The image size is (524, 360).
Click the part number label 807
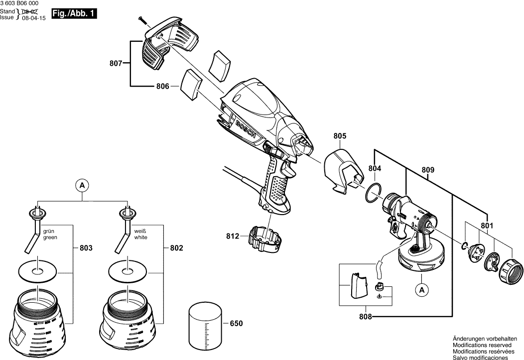(116, 63)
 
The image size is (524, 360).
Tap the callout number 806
(162, 86)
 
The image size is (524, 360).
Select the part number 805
(340, 136)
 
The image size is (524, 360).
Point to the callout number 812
(233, 236)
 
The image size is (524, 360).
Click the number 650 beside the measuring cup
(236, 323)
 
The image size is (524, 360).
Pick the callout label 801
(487, 226)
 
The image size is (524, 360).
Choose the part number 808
(365, 316)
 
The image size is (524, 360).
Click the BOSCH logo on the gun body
(246, 131)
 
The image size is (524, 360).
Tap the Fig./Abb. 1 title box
(74, 13)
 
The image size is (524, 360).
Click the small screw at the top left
(145, 21)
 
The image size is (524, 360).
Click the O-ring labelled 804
(374, 193)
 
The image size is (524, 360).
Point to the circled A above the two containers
(82, 185)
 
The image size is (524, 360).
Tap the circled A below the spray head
(422, 290)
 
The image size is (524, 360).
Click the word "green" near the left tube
(50, 238)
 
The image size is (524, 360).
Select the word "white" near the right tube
(140, 238)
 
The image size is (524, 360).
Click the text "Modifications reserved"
(482, 345)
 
